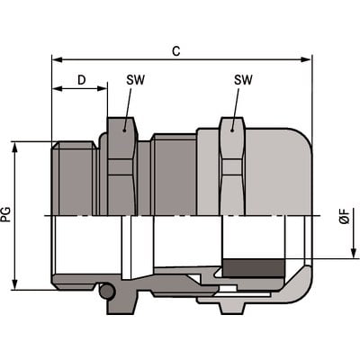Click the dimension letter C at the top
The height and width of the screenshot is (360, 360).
(175, 51)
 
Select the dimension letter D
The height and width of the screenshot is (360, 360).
(81, 80)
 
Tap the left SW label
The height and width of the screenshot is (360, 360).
(136, 80)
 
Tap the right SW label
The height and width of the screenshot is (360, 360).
(243, 80)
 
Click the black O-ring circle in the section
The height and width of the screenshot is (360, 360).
(108, 292)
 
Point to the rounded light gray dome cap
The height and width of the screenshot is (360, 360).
(283, 175)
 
